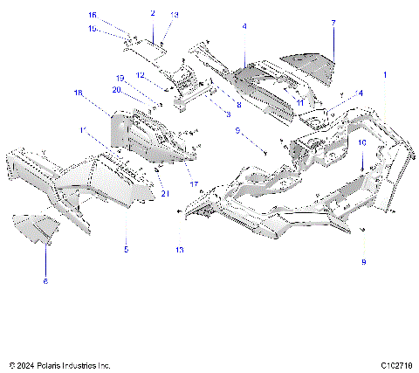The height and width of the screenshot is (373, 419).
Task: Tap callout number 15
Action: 118,28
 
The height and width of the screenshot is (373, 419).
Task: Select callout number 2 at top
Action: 153,14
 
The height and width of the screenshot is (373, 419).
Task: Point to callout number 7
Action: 333,22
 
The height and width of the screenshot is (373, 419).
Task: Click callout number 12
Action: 140,76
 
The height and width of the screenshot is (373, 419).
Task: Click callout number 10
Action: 362,141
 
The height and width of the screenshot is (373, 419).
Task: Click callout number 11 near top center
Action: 299,103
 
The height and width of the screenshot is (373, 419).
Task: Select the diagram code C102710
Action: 396,363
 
